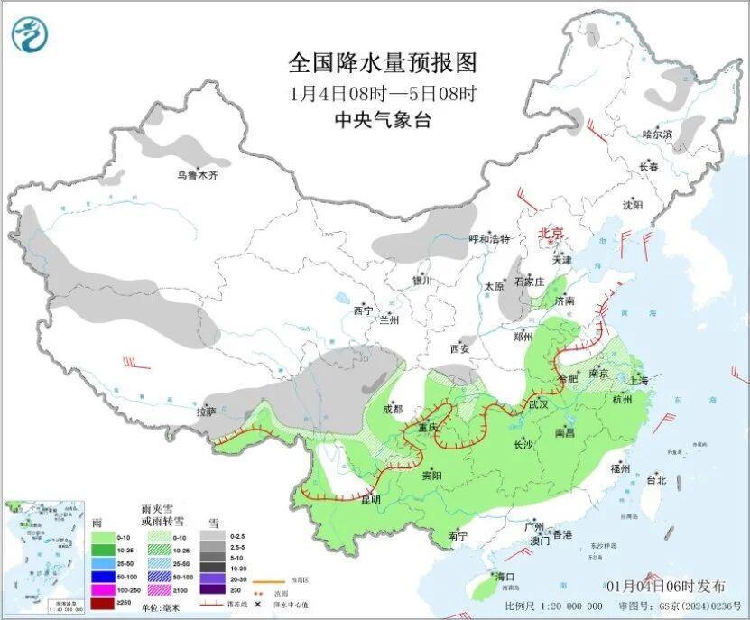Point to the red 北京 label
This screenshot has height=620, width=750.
click(x=551, y=234)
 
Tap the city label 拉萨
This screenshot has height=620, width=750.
click(x=206, y=412)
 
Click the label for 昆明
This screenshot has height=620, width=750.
click(x=371, y=499)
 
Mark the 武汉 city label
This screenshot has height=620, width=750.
click(x=539, y=403)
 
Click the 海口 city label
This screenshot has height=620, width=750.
click(x=505, y=577)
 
